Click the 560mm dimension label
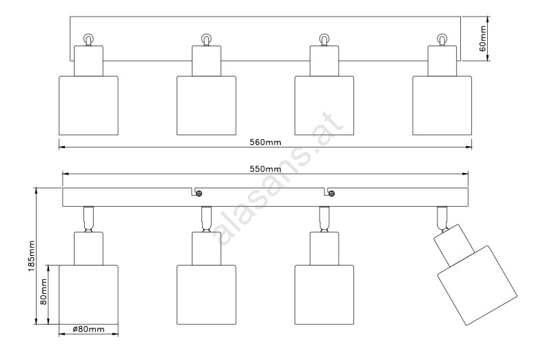(265, 143)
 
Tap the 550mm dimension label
(265, 169)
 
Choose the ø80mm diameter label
(88, 330)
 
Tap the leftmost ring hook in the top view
(88, 39)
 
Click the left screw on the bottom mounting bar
(198, 193)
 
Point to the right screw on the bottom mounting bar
(331, 193)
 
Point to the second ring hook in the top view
(206, 39)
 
